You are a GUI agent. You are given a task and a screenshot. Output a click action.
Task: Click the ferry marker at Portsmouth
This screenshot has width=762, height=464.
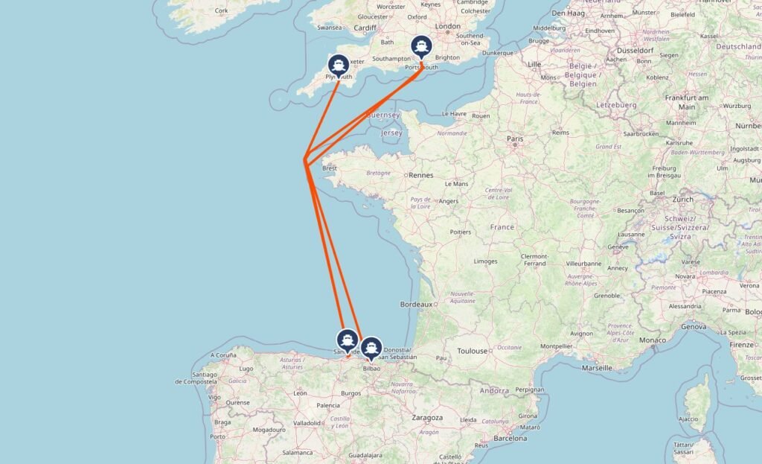(x=422, y=47)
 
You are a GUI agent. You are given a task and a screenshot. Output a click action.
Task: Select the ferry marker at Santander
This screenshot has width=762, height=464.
(x=348, y=339)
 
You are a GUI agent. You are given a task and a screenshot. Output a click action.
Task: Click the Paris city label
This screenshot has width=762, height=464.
(x=515, y=139)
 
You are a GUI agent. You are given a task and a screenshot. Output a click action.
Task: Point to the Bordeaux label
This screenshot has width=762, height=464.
(x=417, y=304)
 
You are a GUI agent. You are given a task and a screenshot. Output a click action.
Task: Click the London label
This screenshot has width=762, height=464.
(x=448, y=26)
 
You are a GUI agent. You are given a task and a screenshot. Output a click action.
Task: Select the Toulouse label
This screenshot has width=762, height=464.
(x=473, y=350)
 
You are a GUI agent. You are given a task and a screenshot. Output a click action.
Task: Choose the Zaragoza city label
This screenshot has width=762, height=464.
(x=427, y=418)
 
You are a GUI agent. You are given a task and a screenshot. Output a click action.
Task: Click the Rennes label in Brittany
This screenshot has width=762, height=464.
(x=420, y=176)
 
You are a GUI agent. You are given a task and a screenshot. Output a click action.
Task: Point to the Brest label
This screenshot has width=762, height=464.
(x=330, y=168)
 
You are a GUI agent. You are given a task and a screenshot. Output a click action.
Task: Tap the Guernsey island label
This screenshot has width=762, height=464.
(x=384, y=115)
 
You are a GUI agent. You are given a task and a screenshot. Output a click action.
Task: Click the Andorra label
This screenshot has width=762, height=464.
(x=495, y=390)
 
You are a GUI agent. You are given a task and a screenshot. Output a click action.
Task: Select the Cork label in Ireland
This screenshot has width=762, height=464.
(x=222, y=10)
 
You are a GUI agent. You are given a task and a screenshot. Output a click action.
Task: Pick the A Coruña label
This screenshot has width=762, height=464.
(x=222, y=355)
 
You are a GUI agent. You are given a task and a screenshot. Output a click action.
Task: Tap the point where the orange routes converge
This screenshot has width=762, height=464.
(x=305, y=161)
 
